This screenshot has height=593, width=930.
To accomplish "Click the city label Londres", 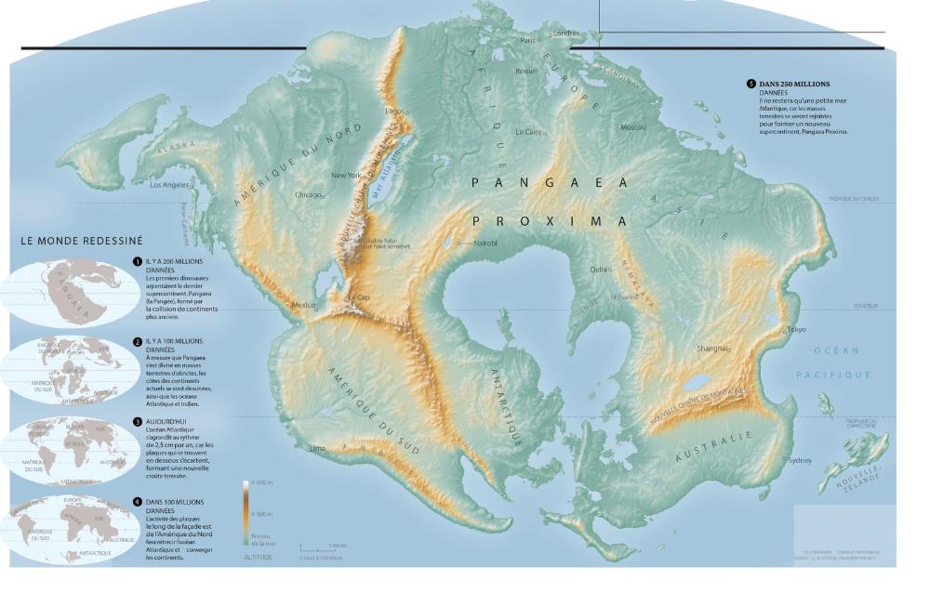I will (x=565, y=33).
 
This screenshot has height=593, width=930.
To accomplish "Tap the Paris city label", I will (x=527, y=40).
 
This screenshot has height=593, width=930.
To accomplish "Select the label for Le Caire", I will (x=527, y=131).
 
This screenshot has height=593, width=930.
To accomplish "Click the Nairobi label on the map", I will (x=485, y=243).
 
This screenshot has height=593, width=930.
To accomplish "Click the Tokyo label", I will (x=795, y=330).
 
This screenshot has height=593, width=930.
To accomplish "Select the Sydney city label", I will (x=799, y=460).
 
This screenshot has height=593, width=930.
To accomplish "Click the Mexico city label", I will (x=304, y=304).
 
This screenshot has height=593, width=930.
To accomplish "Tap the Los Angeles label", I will (x=169, y=185).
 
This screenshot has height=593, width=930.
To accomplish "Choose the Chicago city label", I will (x=307, y=195).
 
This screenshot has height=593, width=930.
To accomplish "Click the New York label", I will (x=345, y=175).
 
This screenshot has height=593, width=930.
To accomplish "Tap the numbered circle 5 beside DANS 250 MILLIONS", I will (x=751, y=84).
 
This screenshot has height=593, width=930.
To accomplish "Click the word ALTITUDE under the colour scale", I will (x=258, y=558).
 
